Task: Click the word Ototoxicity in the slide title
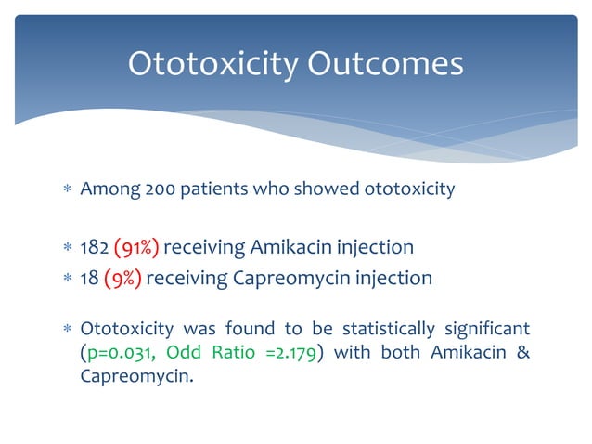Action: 212,63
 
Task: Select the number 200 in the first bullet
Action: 160,189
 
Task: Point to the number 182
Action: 94,247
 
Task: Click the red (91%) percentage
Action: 136,247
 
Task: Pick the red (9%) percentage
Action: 122,277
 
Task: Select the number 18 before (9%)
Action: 90,277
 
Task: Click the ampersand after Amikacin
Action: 522,353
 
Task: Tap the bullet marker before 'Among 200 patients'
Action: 65,190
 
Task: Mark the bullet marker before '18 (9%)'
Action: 65,278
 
